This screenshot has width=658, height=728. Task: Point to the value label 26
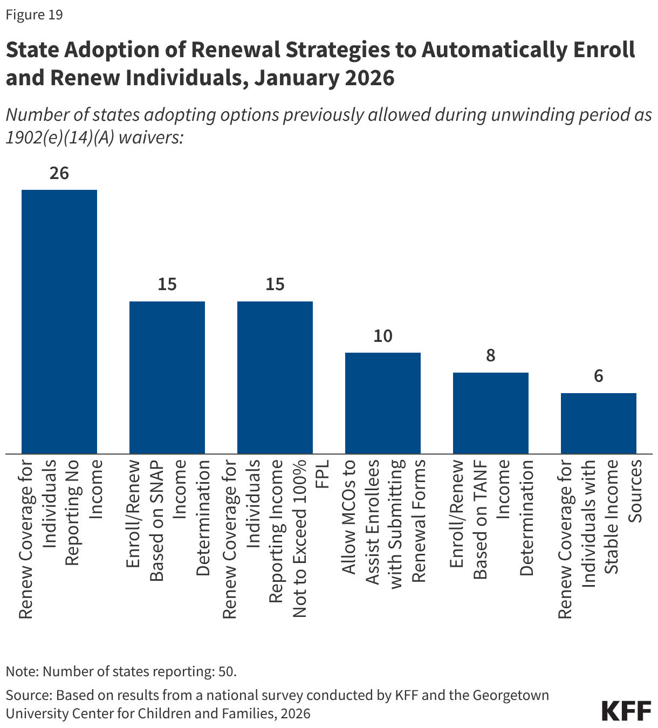pos(59,173)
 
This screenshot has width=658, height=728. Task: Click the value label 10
pos(383,336)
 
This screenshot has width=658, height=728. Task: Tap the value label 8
pos(491,356)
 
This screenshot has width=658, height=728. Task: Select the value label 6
pos(599,376)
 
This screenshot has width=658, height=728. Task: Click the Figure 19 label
pos(34,15)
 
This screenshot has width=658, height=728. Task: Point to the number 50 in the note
pos(227,671)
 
